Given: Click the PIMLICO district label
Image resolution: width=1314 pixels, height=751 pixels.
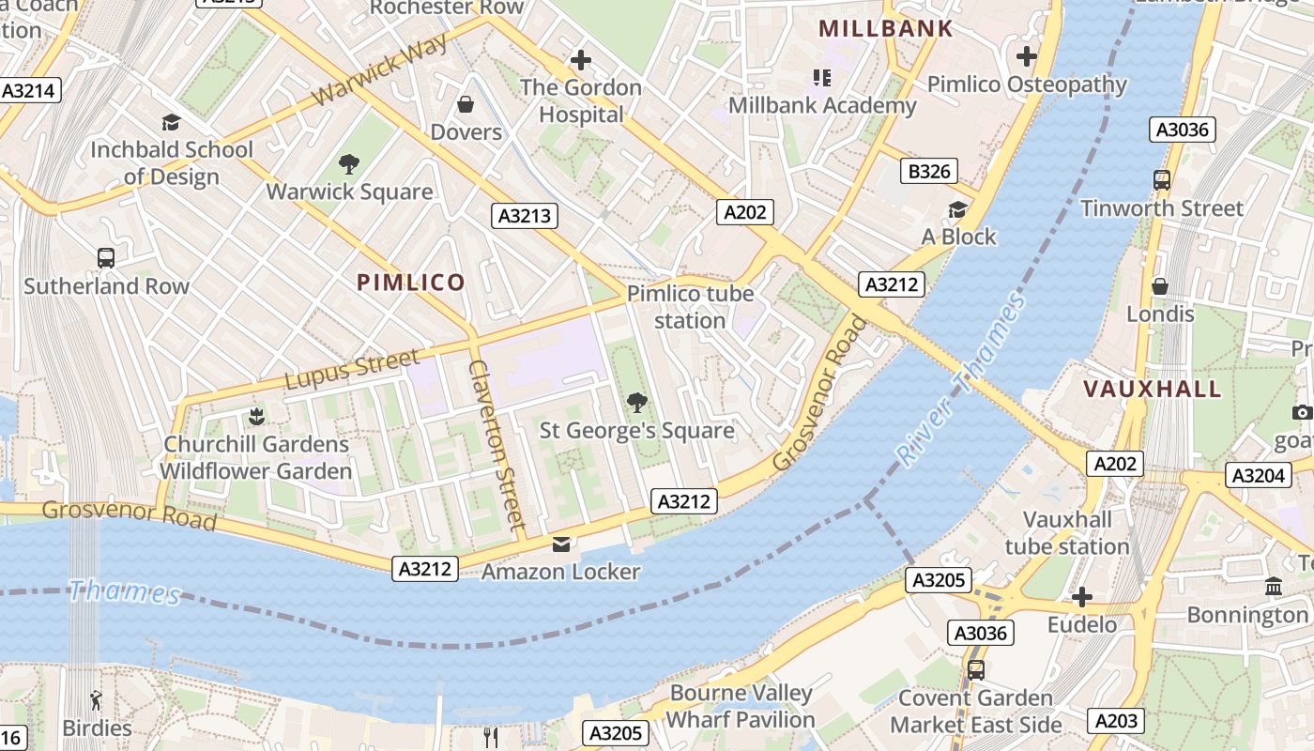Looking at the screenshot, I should coord(411,283).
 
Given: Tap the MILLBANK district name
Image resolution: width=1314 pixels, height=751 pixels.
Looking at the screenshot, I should coord(885,29).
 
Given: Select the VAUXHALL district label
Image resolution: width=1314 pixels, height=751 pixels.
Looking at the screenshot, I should coord(1153,389).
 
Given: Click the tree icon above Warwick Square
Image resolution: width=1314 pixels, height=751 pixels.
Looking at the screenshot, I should coord(349,164).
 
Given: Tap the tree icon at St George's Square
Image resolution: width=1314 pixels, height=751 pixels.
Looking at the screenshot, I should coord(636,403).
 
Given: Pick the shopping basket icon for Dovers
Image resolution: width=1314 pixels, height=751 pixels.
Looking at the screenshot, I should coord(466,104).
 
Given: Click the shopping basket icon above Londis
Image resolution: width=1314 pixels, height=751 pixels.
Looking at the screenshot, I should coord(1160,286).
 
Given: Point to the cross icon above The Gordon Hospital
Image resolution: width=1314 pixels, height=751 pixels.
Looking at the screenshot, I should coord(581,60).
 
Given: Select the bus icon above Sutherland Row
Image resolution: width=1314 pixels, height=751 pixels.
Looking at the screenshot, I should coord(106,258).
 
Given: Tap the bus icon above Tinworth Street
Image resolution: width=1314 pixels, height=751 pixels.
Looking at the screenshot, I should coord(1161,180).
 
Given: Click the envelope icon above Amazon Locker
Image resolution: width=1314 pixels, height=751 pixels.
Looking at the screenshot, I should coord(560,544).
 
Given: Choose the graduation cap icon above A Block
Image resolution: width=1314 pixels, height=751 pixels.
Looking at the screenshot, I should coord(957,209).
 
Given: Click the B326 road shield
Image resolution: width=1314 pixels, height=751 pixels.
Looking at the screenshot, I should coord(929,171).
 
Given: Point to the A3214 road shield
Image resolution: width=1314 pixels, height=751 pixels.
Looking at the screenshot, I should coord(30,91).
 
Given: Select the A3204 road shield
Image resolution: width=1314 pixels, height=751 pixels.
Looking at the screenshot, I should coord(1258,476).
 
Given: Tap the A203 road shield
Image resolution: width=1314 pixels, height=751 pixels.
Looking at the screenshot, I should coord(1116,721).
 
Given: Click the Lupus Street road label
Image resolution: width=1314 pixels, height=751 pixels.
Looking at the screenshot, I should coord(352,370).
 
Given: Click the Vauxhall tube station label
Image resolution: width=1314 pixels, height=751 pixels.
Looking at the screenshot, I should coord(1067,533).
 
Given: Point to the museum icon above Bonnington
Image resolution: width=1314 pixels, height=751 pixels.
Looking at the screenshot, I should coord(1274,587).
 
